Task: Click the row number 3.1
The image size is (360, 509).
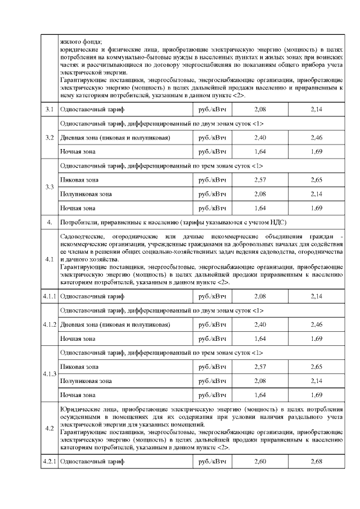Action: pos(49,109)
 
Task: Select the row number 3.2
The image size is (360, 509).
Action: pos(49,138)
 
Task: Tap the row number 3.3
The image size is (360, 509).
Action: pos(49,187)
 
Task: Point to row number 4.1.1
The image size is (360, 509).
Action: pos(49,295)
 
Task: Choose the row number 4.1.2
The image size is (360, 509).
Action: pos(49,325)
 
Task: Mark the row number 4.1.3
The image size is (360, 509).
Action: pos(49,373)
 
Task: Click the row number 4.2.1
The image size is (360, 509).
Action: pos(49,462)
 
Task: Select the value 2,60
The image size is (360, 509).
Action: pos(260,462)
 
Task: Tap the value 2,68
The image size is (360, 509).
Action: pos(317,462)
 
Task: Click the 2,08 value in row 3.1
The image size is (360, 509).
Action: pos(260,109)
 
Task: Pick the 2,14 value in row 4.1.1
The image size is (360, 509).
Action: pos(317,295)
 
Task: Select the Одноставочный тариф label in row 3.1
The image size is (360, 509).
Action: pos(88,109)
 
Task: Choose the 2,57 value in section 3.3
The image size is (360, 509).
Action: pos(260,180)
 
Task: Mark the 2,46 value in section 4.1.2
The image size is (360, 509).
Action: pos(317,325)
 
